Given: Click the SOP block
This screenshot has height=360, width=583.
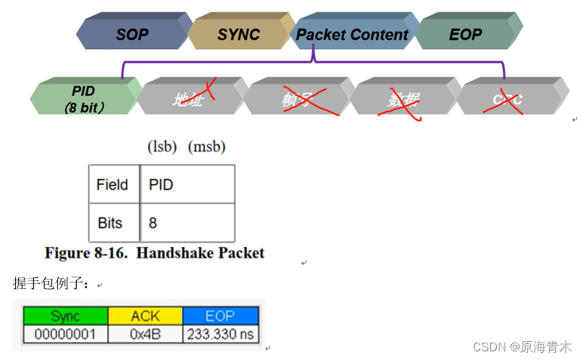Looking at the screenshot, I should [x=131, y=34].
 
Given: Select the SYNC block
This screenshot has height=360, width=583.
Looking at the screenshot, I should [x=238, y=34].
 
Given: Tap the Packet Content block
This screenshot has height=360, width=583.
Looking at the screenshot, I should [x=352, y=34].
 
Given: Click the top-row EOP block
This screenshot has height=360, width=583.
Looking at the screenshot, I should [x=465, y=34].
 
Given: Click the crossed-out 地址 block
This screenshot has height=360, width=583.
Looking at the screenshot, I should [x=190, y=99].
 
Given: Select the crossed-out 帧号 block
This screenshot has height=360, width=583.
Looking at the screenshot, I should [x=296, y=99].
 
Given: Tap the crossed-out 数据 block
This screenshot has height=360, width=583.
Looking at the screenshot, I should [x=403, y=99].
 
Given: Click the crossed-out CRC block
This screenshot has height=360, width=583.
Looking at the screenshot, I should [x=508, y=99].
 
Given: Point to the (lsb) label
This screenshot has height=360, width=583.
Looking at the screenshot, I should [x=163, y=147].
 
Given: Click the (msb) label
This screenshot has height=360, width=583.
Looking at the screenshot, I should [x=206, y=147].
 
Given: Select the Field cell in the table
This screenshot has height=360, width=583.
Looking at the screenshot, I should [x=112, y=185].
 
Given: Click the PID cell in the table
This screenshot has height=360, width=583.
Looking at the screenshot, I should [x=187, y=185].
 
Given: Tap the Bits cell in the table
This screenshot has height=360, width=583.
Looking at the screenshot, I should [x=112, y=222].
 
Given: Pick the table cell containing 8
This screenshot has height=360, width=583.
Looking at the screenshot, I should [x=187, y=222].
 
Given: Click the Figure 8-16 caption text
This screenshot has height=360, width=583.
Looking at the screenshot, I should [x=154, y=253].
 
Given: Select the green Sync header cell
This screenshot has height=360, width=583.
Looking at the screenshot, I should [x=65, y=317].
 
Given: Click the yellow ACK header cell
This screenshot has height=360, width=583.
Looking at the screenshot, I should [x=145, y=317].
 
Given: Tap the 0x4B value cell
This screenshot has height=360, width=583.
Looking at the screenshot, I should [x=145, y=334].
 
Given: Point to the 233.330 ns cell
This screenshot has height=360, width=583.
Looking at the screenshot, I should [x=220, y=334].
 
